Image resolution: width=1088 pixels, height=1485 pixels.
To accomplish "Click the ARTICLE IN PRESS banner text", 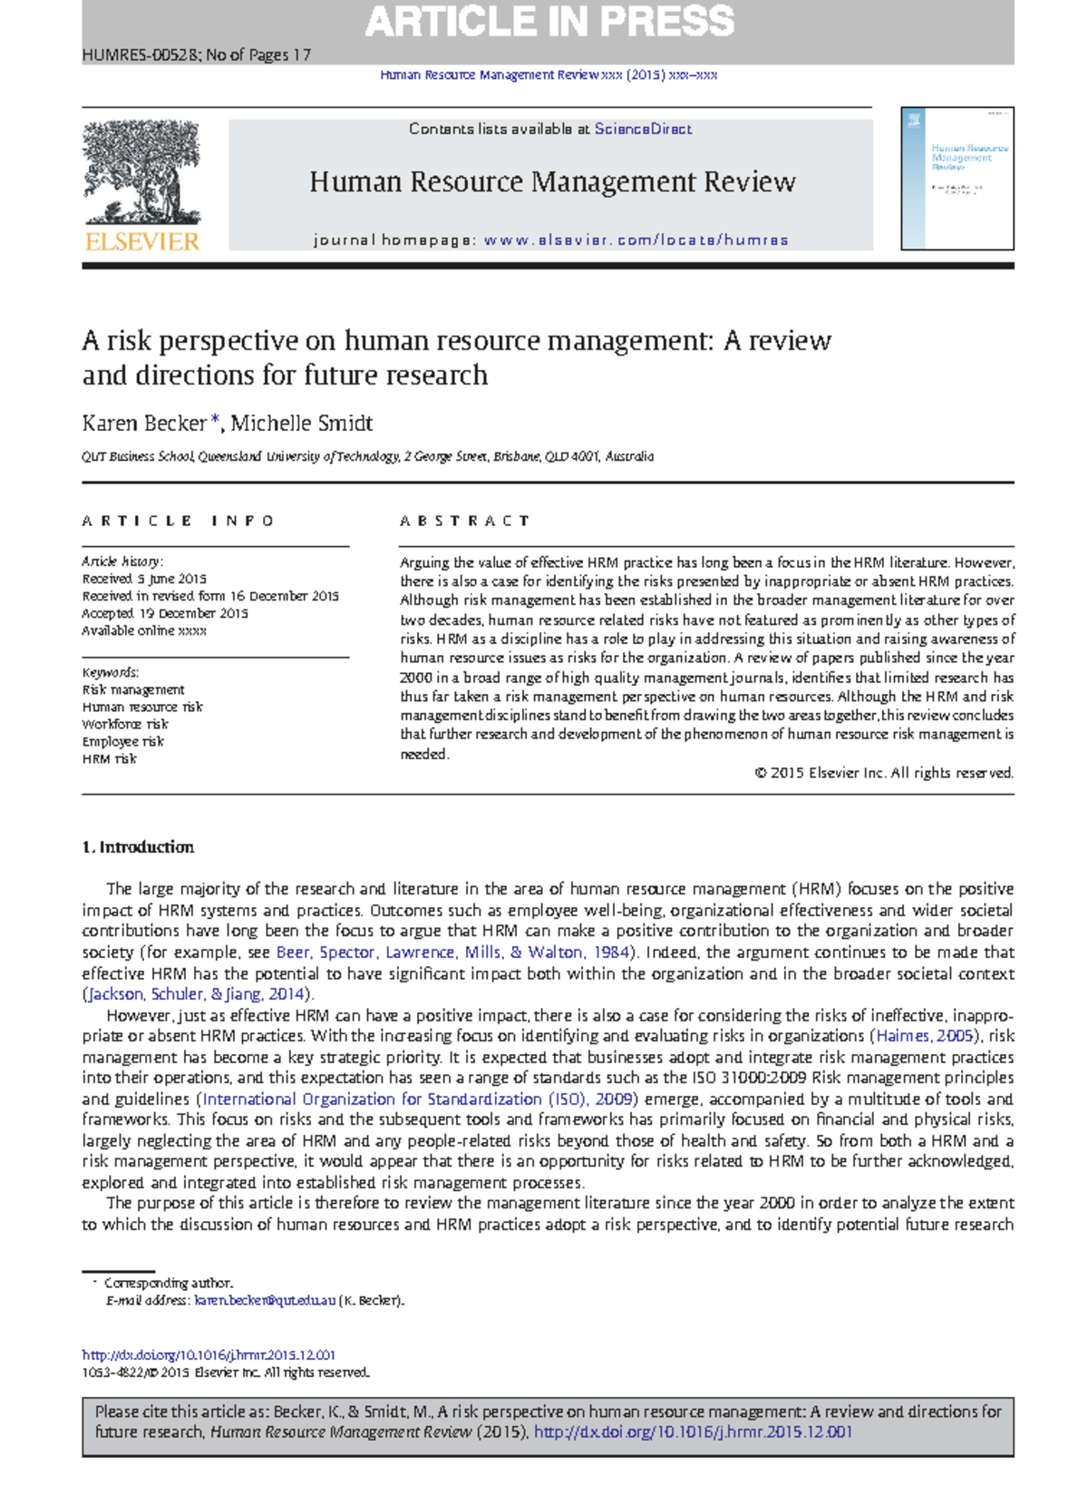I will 549,22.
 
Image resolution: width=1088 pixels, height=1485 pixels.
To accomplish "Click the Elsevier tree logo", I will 141,172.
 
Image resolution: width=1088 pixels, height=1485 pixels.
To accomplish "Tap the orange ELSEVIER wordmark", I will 141,241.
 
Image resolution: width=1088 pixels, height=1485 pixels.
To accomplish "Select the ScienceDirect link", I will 643,129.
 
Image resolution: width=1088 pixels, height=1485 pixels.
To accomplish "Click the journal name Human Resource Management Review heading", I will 552,182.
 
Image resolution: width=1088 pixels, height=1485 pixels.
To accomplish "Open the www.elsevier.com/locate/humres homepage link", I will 636,240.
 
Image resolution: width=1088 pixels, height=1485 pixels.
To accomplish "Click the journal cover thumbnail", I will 957,179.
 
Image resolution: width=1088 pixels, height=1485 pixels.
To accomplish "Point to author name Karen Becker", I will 144,424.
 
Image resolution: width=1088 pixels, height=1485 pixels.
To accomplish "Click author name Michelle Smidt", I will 302,424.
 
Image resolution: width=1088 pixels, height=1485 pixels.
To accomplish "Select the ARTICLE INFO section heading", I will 178,521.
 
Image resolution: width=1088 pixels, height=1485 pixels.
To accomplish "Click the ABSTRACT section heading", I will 464,521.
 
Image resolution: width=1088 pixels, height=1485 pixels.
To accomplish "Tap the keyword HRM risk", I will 110,758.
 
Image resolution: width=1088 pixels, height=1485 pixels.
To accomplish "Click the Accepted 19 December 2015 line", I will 165,613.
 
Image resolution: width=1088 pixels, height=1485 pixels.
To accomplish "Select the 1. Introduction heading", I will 138,847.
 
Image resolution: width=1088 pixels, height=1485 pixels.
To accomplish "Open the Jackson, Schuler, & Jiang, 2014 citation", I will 197,994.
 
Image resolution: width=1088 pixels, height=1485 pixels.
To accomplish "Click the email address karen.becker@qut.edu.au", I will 265,1300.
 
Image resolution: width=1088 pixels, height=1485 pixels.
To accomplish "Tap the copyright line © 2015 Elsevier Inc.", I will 883,773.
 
